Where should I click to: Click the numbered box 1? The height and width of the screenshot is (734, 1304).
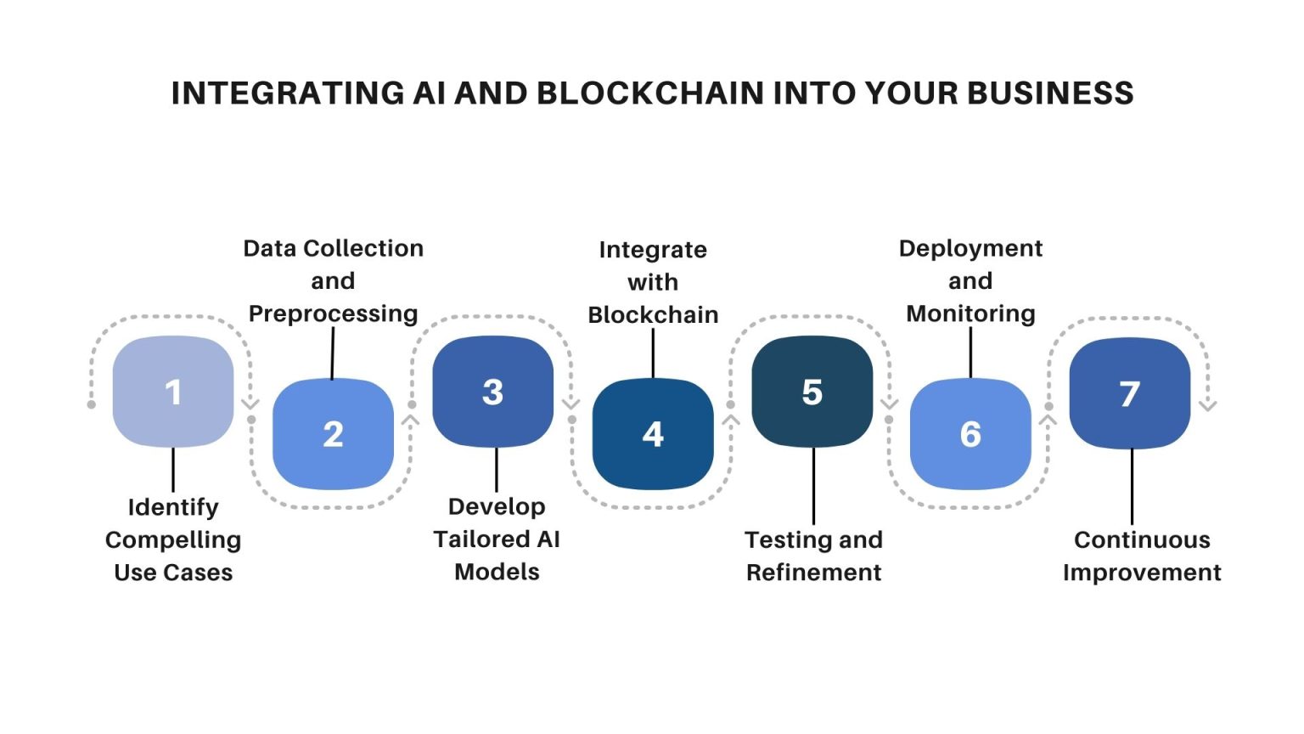tap(173, 392)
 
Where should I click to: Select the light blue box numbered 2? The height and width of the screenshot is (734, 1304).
tap(333, 434)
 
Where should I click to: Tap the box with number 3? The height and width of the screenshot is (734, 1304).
tap(492, 392)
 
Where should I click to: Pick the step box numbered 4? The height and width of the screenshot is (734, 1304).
tap(652, 434)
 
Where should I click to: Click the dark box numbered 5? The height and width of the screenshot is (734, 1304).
tap(812, 392)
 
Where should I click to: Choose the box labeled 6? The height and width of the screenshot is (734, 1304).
tap(970, 434)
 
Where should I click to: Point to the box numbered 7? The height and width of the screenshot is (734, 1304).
tap(1129, 393)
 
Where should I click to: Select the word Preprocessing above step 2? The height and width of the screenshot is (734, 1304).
tap(333, 313)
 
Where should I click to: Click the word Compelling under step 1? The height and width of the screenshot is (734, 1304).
tap(173, 540)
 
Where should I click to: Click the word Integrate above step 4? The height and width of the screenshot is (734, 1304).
tap(652, 250)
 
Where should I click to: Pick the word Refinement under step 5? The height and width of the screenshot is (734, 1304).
tap(813, 573)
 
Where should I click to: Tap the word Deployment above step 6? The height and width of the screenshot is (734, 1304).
tap(970, 248)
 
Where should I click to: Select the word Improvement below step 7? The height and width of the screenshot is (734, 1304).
tap(1142, 573)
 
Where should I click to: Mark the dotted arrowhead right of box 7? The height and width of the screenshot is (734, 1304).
tap(1208, 405)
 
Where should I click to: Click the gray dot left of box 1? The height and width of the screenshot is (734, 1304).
tap(92, 404)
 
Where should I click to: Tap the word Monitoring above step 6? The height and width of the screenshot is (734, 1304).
tap(970, 313)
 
